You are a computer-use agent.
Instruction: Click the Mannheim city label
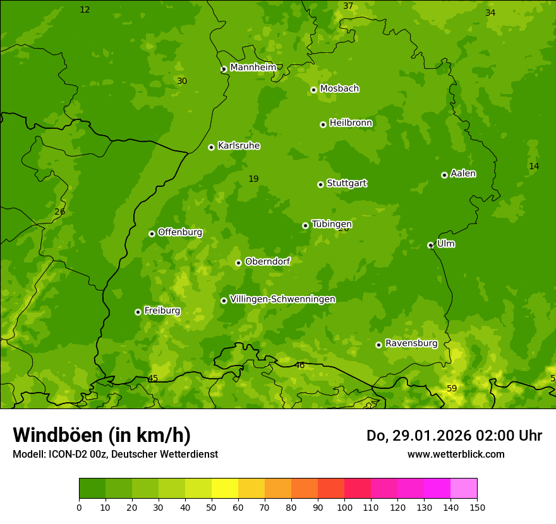click(x=253, y=68)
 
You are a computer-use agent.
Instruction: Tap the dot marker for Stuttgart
click(x=320, y=184)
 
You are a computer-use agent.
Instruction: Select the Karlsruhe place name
click(x=238, y=146)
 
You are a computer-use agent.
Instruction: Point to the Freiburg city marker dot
click(x=138, y=312)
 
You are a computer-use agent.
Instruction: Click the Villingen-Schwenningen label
click(x=282, y=299)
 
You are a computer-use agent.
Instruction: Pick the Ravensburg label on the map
click(x=411, y=343)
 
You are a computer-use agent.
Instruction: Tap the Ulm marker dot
click(x=430, y=245)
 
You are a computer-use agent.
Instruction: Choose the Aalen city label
click(x=463, y=174)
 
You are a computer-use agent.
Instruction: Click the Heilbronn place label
click(x=351, y=123)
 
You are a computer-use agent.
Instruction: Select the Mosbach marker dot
click(x=313, y=90)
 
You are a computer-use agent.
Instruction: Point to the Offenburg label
click(x=180, y=232)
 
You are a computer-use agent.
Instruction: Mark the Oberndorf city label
click(x=267, y=261)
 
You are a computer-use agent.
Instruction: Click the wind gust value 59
click(x=452, y=388)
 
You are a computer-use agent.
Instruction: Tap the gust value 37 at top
click(x=348, y=6)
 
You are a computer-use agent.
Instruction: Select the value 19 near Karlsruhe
click(x=253, y=179)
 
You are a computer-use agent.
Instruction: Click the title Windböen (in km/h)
click(x=102, y=435)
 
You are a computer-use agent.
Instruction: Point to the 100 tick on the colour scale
click(x=344, y=507)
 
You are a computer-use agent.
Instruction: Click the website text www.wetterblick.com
click(x=456, y=454)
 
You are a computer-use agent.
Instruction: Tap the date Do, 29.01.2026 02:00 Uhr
click(x=454, y=436)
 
